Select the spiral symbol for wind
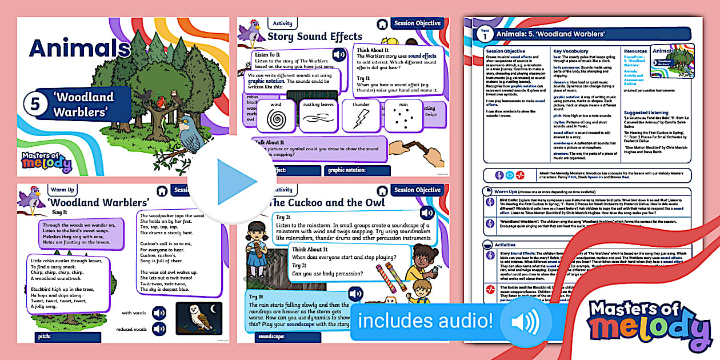[277, 117]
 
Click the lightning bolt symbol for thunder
[361, 119]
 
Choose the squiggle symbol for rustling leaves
[319, 118]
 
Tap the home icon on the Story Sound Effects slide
[382, 24]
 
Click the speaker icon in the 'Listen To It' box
[339, 55]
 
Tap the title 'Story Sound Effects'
[315, 37]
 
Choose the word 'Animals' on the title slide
[80, 48]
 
